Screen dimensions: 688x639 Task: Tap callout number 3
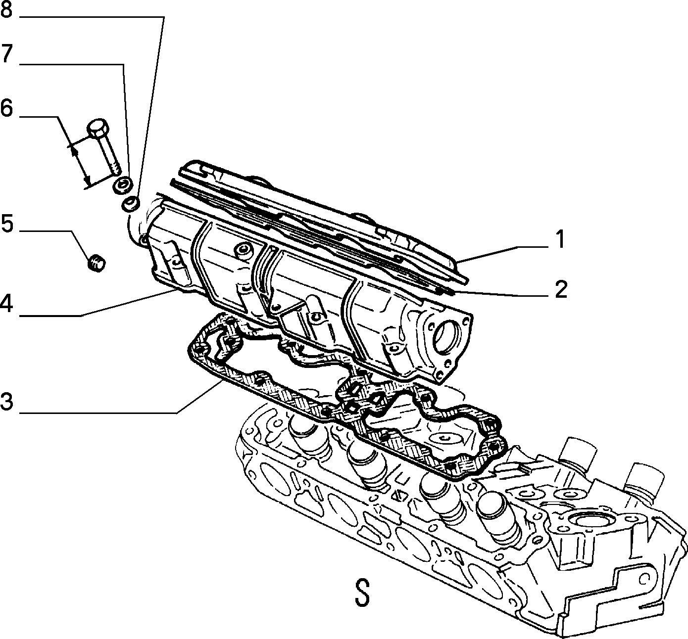coord(6,402)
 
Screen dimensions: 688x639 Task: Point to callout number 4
coord(6,304)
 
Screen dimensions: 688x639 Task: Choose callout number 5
coord(7,223)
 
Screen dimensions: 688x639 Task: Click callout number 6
coord(6,108)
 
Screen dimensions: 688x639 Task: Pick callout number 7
coord(6,53)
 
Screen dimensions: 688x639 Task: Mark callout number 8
coord(6,9)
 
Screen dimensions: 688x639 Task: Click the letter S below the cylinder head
coord(362,592)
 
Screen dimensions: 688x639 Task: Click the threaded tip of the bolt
coord(115,169)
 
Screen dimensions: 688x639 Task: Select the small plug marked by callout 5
coord(97,264)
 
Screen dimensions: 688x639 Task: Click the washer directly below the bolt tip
coord(122,185)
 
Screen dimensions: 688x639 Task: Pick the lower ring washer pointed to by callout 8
coord(131,204)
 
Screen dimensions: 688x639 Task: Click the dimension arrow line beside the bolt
coord(80,166)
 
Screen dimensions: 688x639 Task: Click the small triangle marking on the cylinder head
coord(398,496)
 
